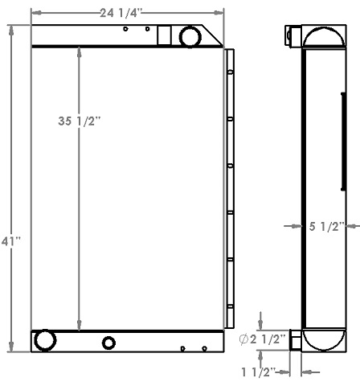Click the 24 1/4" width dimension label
tap(127, 13)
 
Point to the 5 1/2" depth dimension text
tap(327, 227)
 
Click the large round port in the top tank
tap(190, 36)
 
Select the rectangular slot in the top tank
tap(164, 36)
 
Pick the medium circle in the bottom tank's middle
tap(108, 343)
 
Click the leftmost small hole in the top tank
tap(125, 29)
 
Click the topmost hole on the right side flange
tap(230, 72)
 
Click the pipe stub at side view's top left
tap(292, 35)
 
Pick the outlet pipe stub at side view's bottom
tap(295, 340)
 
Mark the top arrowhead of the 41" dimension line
tap(10, 29)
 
